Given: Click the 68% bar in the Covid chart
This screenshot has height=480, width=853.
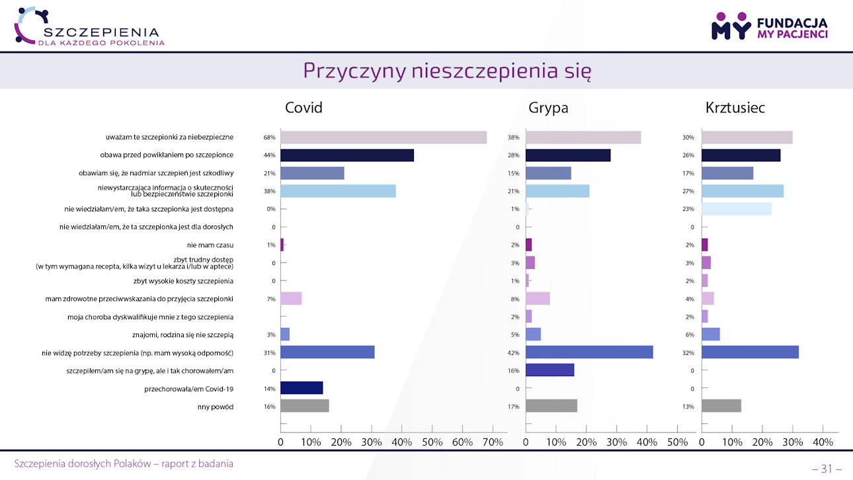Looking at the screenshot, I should coord(384,138).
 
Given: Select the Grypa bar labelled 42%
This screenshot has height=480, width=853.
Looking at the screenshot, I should coord(589,352).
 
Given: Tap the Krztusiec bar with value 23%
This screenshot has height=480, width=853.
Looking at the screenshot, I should coord(736,209).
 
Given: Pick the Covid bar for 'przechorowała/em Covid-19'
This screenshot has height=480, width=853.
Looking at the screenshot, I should coord(302,388).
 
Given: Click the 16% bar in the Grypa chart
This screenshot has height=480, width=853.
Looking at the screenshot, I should coord(549,370).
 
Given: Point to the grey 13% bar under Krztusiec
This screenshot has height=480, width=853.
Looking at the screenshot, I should coord(721,406).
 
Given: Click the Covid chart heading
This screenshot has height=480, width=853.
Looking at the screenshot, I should coord(304,107).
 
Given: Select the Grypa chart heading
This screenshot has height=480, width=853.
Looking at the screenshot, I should coord(548,107).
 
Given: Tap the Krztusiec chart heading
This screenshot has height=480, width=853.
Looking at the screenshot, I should coord(735,107).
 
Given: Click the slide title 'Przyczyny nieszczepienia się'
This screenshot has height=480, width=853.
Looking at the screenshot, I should coord(447,71).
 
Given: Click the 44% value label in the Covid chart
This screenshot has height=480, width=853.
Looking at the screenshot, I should coord(269,155).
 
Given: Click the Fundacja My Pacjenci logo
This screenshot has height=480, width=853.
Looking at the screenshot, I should coord(769,26).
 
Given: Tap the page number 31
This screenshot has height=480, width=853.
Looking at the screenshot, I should coord(827,469).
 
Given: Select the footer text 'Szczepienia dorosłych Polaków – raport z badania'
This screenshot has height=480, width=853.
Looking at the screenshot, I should coord(124,463).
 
